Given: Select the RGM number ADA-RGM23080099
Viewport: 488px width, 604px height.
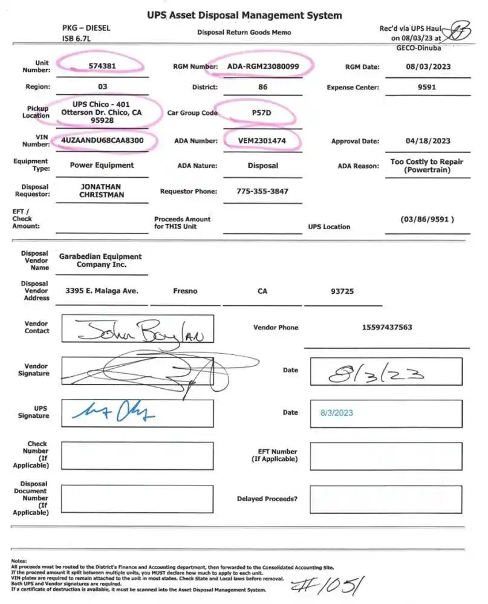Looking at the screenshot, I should tap(263, 66).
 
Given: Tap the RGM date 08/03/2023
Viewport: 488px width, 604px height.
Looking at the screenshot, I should tap(427, 67).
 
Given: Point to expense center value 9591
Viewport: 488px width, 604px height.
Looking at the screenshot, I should tap(427, 87).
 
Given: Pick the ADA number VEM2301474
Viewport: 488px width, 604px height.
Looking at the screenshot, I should tap(262, 141).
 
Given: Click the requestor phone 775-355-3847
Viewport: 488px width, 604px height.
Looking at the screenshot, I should tap(262, 191).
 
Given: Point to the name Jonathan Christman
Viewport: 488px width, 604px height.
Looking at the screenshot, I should tap(101, 191).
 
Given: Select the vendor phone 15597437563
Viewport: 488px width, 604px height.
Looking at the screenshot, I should tap(387, 327).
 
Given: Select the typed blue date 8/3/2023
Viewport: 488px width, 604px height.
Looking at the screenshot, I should tap(336, 413).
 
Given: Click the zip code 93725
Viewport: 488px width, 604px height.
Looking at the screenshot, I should tap(342, 291).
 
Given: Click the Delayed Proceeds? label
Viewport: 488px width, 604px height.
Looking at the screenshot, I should tap(267, 499).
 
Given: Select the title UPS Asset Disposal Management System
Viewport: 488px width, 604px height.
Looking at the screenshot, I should tap(244, 15).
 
